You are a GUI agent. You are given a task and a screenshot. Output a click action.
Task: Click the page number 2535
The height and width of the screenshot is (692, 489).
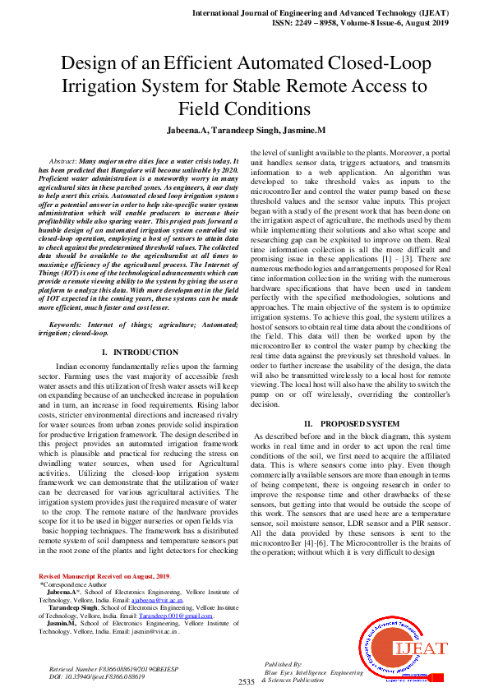click(247, 682)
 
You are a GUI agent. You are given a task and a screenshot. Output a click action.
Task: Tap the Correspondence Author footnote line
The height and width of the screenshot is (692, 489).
click(79, 586)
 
